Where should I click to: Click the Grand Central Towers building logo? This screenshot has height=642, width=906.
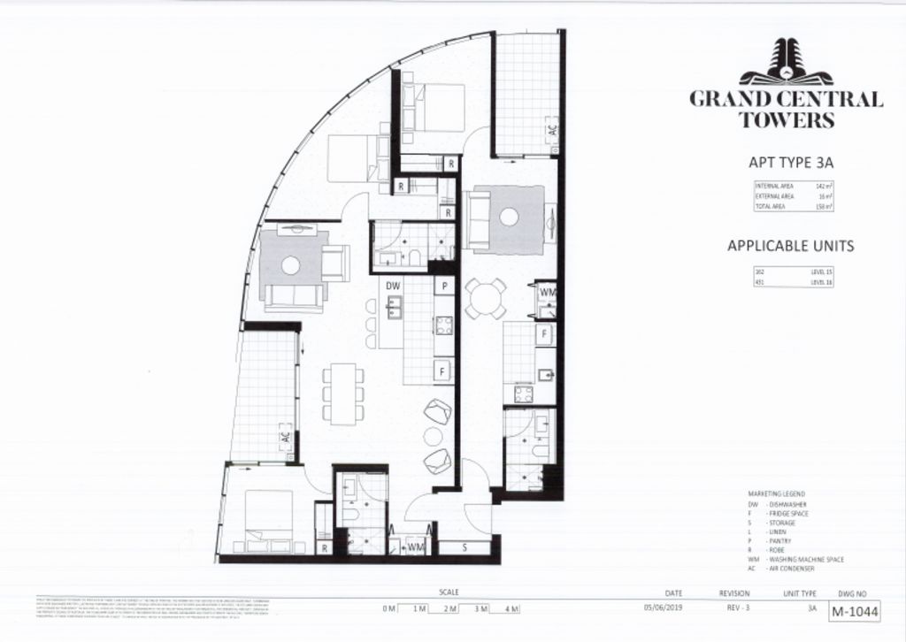click(787, 63)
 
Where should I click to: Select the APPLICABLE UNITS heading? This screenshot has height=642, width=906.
click(790, 245)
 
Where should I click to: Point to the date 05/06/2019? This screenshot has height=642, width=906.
click(665, 608)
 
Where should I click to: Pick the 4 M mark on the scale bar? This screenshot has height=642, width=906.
click(511, 608)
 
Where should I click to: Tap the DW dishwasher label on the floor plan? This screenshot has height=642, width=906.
click(394, 287)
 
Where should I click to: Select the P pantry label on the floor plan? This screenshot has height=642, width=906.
click(444, 287)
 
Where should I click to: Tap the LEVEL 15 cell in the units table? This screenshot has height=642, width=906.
click(822, 272)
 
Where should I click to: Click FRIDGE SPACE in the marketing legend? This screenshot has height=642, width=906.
click(789, 513)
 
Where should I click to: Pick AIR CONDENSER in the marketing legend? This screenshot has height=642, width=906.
click(792, 568)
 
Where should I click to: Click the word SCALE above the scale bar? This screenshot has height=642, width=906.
click(449, 592)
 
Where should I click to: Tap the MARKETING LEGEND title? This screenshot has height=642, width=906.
click(777, 494)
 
